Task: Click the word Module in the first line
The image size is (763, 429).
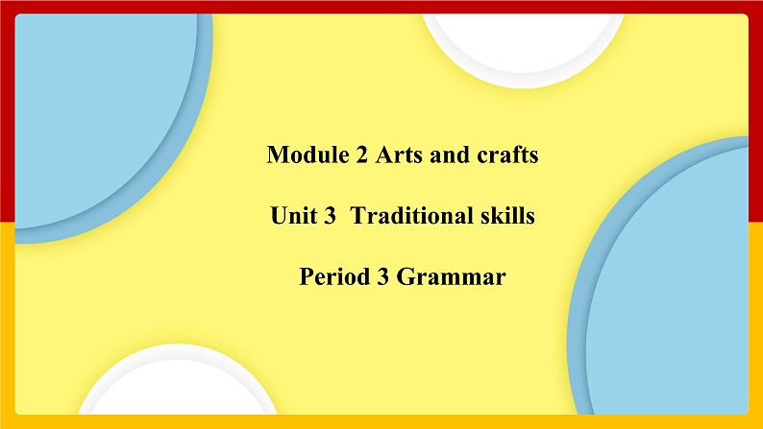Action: point(302,155)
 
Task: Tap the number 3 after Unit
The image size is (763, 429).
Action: point(329,217)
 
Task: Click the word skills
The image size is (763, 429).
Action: point(505,217)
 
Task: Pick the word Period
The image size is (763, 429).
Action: point(330,278)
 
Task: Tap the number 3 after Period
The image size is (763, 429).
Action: point(377,278)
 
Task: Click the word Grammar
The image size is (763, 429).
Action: point(450,279)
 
